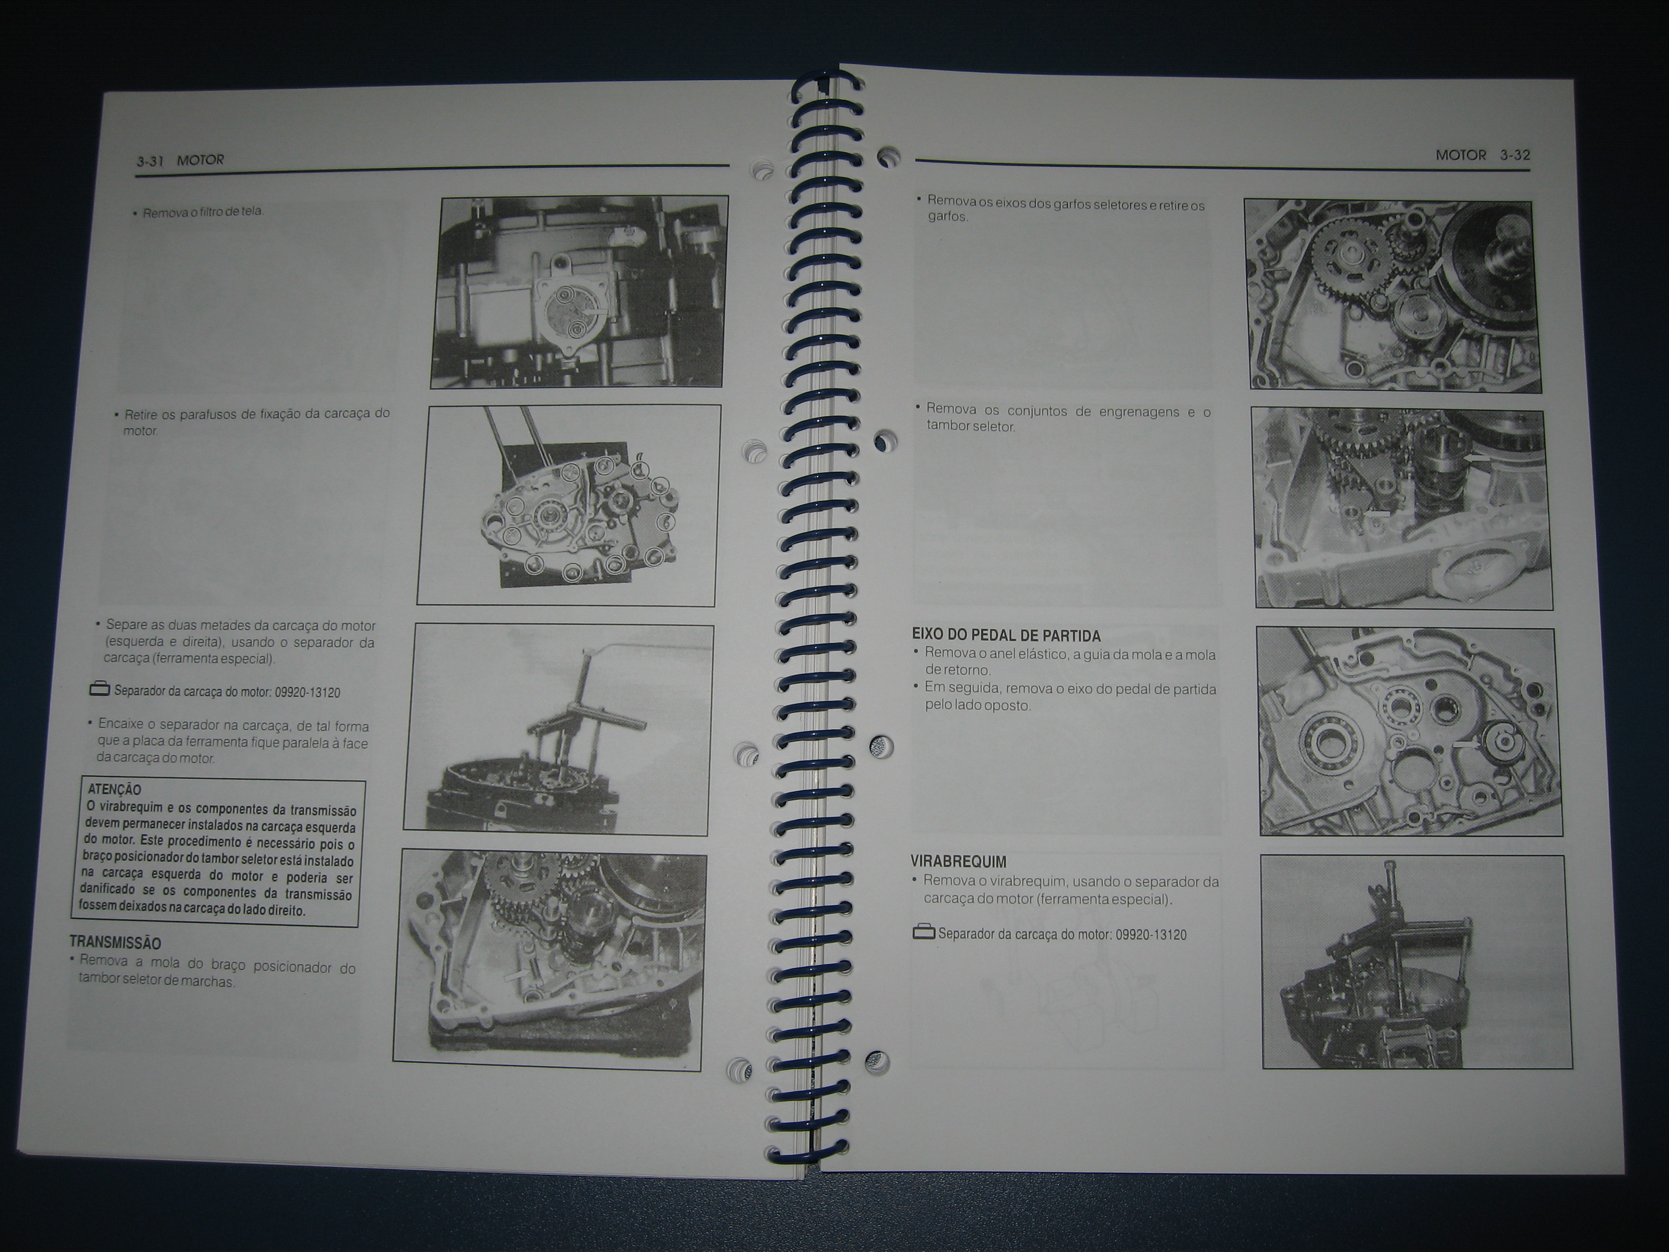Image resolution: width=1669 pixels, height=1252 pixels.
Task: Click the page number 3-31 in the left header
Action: click(x=150, y=161)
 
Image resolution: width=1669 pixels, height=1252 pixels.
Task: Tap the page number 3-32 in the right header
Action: click(x=1515, y=155)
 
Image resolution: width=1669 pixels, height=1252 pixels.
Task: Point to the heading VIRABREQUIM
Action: click(x=958, y=862)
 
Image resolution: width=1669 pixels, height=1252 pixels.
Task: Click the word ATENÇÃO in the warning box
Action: click(x=114, y=790)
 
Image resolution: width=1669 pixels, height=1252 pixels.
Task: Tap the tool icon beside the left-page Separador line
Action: click(x=99, y=689)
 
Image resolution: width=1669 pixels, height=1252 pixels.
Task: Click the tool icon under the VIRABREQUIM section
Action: click(x=924, y=933)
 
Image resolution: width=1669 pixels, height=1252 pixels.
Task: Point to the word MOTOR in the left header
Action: click(x=200, y=160)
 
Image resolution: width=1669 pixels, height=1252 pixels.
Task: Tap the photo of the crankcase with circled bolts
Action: click(x=568, y=505)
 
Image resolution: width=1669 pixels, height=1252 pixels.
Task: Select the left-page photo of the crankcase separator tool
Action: click(x=559, y=729)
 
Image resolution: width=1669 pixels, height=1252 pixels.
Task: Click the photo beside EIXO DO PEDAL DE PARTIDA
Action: click(x=1409, y=731)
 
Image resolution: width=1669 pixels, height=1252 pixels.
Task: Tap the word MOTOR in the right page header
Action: click(x=1461, y=155)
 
